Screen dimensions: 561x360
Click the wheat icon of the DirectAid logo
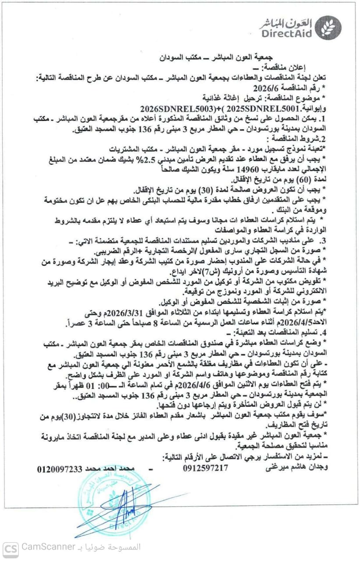[328, 27]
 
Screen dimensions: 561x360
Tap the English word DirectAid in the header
[287, 33]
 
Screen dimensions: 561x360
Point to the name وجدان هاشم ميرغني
[298, 468]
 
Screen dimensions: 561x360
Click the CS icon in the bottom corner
[10, 547]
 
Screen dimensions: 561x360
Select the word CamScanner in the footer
[48, 547]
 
